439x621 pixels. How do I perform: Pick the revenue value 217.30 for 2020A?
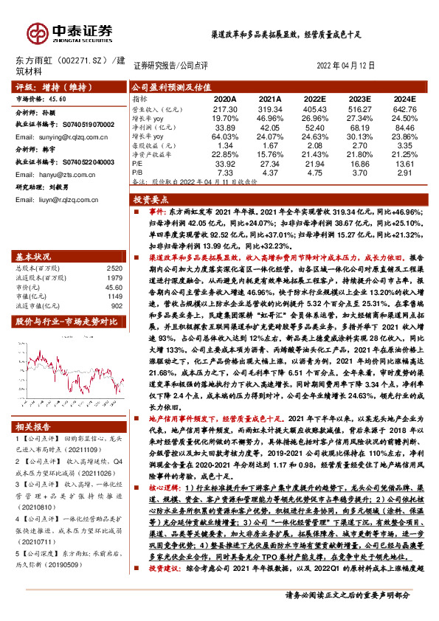[x=225, y=108]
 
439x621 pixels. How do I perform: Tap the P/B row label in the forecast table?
[x=136, y=173]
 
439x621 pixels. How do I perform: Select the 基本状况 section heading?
[x=33, y=257]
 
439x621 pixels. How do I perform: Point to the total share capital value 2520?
[x=114, y=269]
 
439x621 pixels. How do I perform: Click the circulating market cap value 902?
[x=116, y=305]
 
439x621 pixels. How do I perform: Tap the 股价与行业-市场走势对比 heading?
[x=66, y=322]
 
